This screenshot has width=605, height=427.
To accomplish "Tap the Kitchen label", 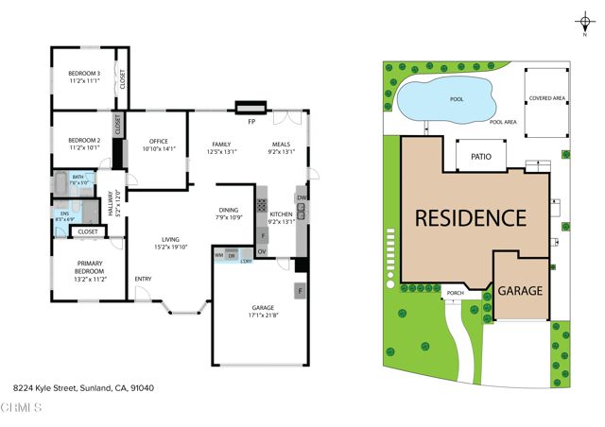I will pyautogui.click(x=282, y=217).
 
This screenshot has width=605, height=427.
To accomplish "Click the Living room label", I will pyautogui.click(x=171, y=243).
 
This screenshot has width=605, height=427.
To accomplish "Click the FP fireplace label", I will pyautogui.click(x=251, y=123).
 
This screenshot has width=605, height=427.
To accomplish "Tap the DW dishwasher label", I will pyautogui.click(x=301, y=197).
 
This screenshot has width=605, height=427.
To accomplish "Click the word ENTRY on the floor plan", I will pyautogui.click(x=143, y=279).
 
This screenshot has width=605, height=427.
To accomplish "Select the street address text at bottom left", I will pyautogui.click(x=83, y=387).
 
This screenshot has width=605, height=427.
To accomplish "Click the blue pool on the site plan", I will pyautogui.click(x=446, y=98).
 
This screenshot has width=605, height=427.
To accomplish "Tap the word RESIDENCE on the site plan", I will pyautogui.click(x=471, y=217).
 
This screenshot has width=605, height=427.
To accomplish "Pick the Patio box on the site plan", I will pyautogui.click(x=480, y=158).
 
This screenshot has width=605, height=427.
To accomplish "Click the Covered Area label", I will pyautogui.click(x=547, y=97).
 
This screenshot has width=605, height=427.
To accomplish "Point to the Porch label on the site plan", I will pyautogui.click(x=455, y=294).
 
